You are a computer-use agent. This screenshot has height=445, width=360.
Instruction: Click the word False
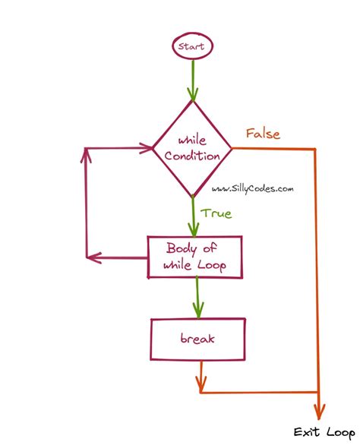pos(263,134)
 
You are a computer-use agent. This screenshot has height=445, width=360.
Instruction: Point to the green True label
pos(216,213)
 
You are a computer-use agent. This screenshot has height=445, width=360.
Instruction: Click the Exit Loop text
pos(324,432)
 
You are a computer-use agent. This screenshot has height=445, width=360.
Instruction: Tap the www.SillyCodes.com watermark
pos(252,188)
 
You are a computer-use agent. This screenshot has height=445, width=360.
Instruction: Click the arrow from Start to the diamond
pos(193,80)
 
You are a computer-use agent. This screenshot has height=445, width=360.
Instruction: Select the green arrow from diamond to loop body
pos(194,216)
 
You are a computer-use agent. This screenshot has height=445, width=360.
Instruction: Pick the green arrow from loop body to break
pos(198,298)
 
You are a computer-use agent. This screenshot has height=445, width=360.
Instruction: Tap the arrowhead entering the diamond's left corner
pos(147,148)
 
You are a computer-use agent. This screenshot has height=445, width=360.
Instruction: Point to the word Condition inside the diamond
pos(192,156)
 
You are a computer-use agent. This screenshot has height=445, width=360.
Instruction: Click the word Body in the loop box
pos(181,248)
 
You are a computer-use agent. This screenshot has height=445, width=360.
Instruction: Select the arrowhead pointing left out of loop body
pos(94,257)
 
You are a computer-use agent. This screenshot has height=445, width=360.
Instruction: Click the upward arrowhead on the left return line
pos(86,155)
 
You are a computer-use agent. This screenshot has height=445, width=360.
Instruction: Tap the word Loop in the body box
pos(212,266)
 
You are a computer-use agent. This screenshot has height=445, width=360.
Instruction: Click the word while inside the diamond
pos(192,140)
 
